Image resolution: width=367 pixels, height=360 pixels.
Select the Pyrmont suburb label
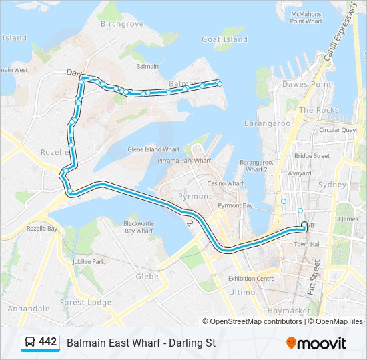click(194, 196)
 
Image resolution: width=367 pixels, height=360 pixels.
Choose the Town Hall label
click(307, 245)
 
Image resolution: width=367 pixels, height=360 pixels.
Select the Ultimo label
click(242, 292)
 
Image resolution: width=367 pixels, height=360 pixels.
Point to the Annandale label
click(29, 309)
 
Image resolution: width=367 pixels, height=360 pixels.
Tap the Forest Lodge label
click(86, 302)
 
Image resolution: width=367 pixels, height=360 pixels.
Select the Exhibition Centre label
click(251, 278)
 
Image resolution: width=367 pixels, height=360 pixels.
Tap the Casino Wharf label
click(225, 183)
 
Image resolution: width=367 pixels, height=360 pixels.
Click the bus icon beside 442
click(29, 343)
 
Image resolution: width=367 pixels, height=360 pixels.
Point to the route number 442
click(48, 342)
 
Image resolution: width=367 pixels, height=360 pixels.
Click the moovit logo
click(316, 343)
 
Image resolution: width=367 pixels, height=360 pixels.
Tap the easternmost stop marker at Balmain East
click(218, 83)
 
